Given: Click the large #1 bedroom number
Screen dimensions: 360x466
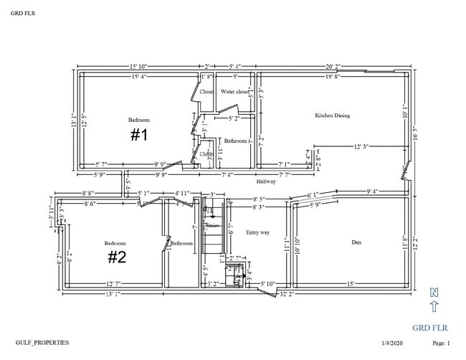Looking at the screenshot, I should (139, 135).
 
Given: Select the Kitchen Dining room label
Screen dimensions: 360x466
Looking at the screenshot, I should (332, 115).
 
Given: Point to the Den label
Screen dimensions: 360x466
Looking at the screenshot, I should (356, 242).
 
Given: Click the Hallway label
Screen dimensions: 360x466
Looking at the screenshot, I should (265, 181).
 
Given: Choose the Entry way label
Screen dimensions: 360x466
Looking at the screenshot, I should (258, 232).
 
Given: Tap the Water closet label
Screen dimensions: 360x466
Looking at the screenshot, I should (234, 92).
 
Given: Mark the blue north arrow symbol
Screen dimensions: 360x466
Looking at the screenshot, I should (433, 307).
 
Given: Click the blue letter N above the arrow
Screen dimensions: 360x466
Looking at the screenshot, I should (433, 292).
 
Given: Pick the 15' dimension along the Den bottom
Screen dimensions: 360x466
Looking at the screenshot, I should (351, 284).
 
